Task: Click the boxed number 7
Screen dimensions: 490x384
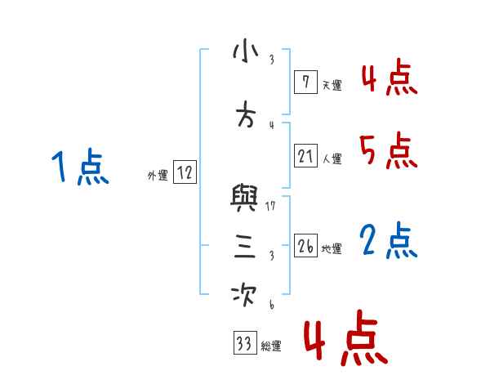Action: coord(305,83)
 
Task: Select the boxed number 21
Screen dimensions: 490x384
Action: coord(305,156)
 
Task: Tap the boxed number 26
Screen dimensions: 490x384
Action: coord(305,245)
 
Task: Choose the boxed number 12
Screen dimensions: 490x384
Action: coord(185,172)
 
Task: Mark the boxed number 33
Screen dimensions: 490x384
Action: coord(244,344)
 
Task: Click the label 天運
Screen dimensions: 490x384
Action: coord(332,85)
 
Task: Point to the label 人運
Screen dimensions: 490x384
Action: coord(332,159)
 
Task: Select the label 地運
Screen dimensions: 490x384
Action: coord(332,248)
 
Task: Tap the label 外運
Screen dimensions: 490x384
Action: coord(158,175)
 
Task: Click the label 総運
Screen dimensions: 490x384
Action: coord(271,346)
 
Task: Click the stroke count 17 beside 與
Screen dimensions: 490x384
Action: coord(270,206)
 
